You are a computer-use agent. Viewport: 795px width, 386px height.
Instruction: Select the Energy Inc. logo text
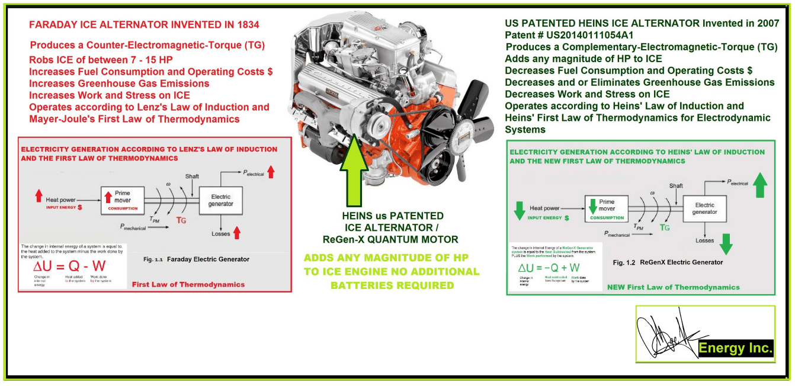(736, 348)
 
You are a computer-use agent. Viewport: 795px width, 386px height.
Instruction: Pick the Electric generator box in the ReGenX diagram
(704, 208)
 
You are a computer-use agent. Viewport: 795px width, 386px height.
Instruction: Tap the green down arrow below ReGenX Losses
(726, 243)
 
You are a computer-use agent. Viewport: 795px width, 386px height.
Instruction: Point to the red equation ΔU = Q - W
(70, 267)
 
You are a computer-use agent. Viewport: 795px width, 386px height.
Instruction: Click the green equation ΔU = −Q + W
(550, 268)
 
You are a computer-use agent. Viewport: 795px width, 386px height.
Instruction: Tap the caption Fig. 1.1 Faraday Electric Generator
(196, 259)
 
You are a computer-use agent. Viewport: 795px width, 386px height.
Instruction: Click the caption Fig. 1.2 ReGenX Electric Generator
(668, 262)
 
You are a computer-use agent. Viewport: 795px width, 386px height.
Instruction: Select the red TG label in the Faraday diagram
(181, 220)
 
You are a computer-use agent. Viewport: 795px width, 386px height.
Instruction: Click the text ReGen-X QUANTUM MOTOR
(390, 239)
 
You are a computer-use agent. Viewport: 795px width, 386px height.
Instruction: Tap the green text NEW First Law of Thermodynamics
(673, 287)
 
